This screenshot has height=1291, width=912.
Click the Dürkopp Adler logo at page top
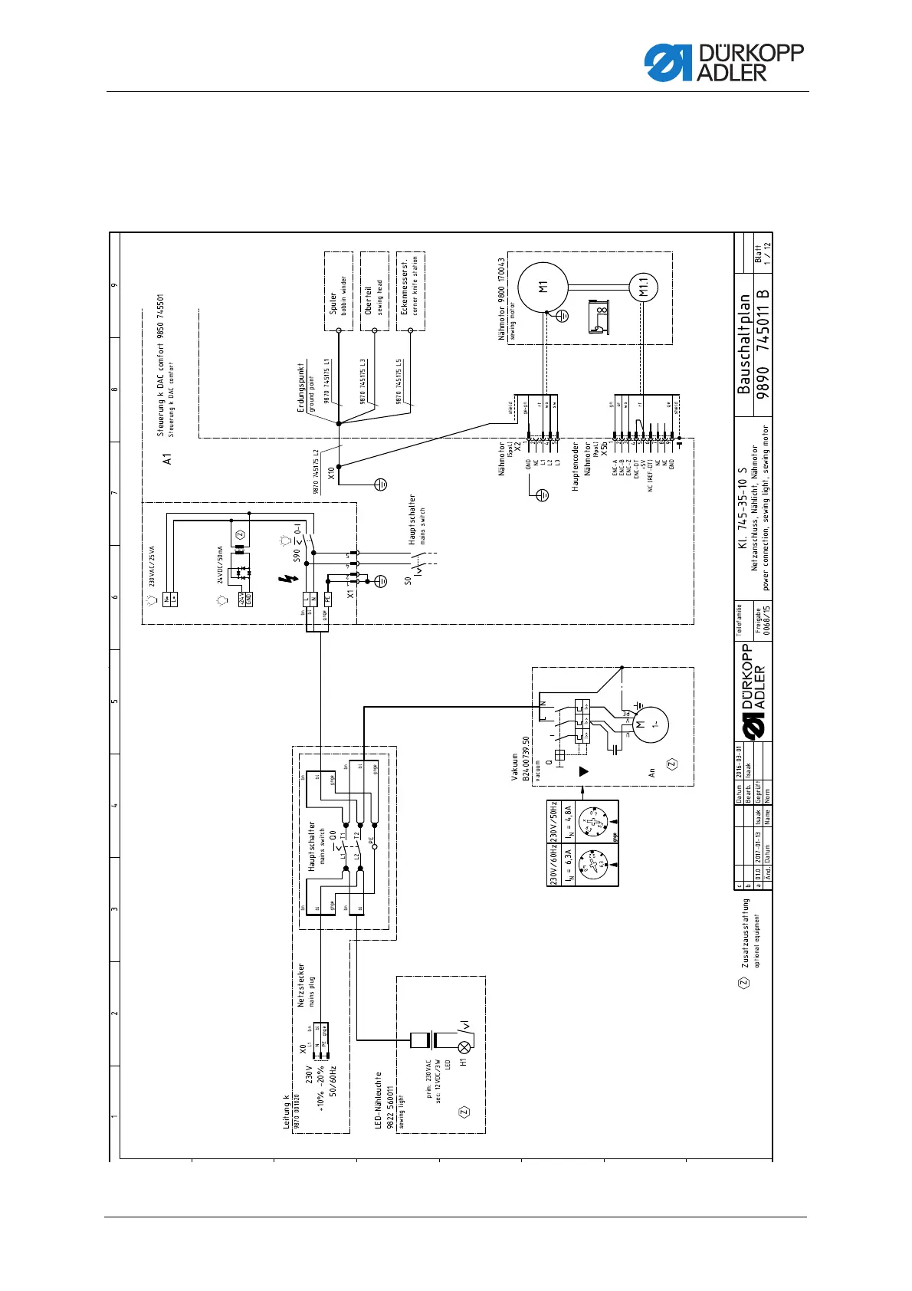coord(723,62)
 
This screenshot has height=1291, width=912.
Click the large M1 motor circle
coord(543,287)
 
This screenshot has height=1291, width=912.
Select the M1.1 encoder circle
coord(643,287)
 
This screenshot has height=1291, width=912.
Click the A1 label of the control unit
coord(167,458)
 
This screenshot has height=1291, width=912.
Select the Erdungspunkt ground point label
coord(301,388)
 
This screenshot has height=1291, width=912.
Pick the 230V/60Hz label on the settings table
coord(553,864)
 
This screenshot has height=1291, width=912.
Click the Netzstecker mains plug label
coord(301,985)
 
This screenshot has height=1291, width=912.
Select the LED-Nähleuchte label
coord(379,1100)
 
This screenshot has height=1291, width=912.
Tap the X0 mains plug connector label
coord(302,1047)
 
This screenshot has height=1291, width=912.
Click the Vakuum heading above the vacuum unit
coord(515,767)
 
